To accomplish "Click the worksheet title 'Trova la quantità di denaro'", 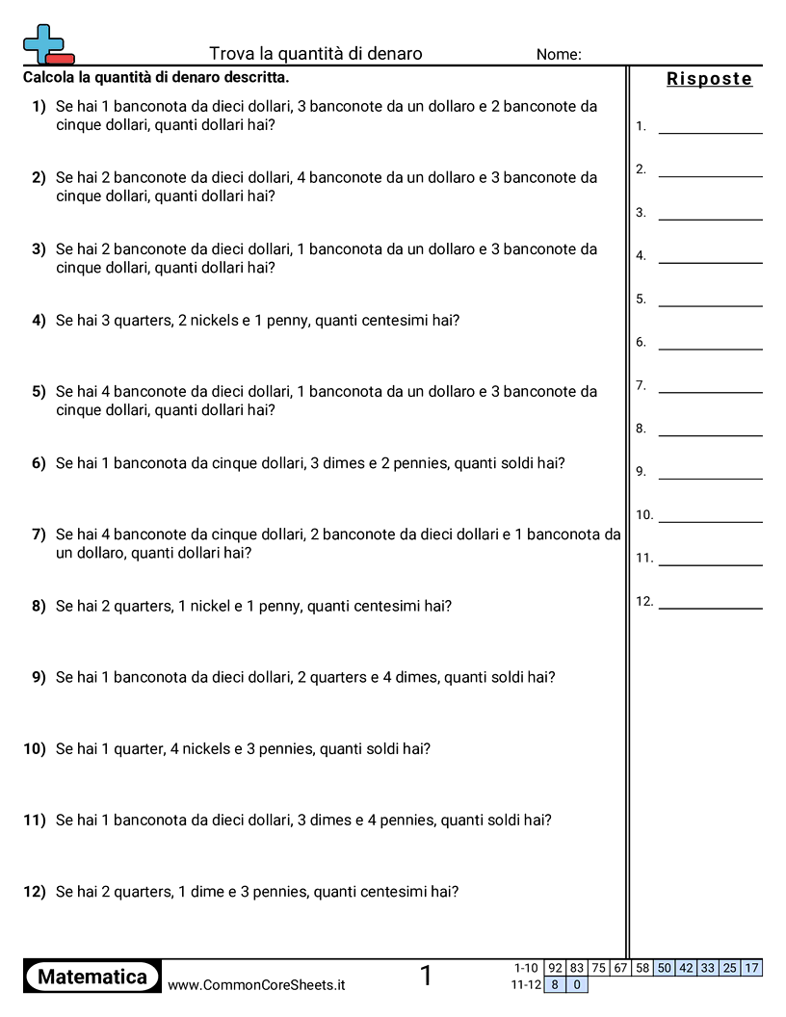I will tap(315, 54).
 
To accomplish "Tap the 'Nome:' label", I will tap(559, 55).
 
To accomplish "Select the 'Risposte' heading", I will tap(709, 79).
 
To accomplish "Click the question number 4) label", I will tap(39, 320).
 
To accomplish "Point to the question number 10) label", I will tap(35, 748).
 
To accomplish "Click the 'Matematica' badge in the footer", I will tap(92, 977).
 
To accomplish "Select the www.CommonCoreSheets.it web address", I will tap(256, 984).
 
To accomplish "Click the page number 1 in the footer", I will tap(426, 977).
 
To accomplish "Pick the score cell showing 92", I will tap(555, 968).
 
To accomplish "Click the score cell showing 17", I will tap(751, 968).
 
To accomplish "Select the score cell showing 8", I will tap(555, 984).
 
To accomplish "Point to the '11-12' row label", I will tap(526, 984).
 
